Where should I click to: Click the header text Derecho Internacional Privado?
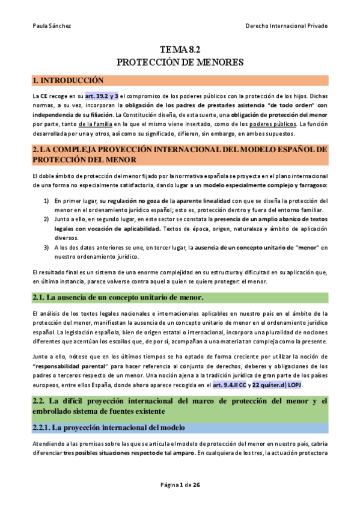tap(287, 25)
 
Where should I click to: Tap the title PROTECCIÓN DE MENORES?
tap(180, 62)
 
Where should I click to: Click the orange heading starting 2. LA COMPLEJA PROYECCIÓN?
tap(180, 153)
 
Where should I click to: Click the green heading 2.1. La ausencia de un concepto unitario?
tap(118, 297)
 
